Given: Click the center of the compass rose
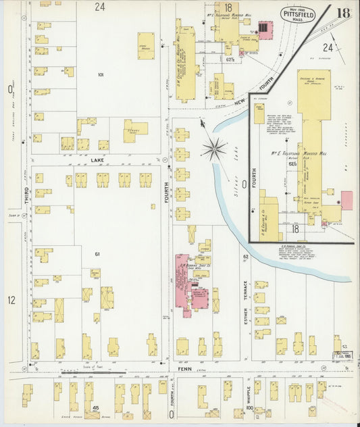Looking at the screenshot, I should pyautogui.click(x=215, y=148).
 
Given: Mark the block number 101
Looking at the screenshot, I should pyautogui.click(x=101, y=74).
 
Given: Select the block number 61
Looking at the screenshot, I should pyautogui.click(x=97, y=253).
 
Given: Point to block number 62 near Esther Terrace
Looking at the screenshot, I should pyautogui.click(x=246, y=257).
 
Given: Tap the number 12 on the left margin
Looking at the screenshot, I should pyautogui.click(x=11, y=299).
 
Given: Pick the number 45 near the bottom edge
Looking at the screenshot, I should pyautogui.click(x=96, y=408).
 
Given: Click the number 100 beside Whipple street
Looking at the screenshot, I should pyautogui.click(x=249, y=408).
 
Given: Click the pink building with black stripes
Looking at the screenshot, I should pyautogui.click(x=265, y=29).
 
